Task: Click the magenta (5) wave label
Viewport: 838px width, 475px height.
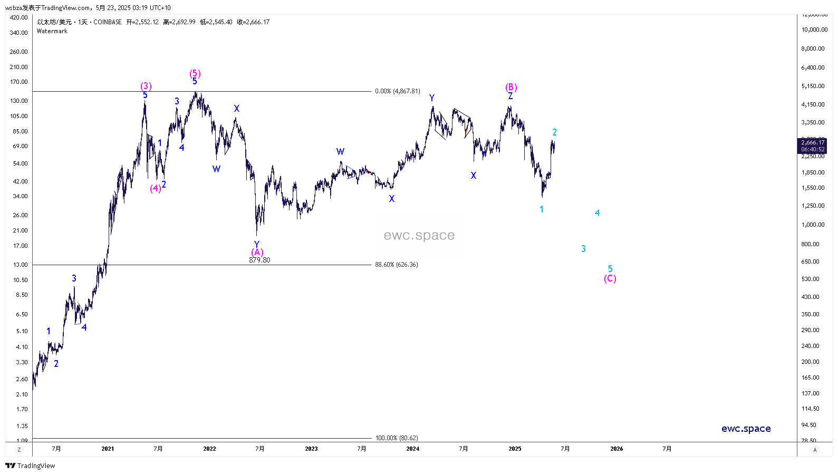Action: (195, 73)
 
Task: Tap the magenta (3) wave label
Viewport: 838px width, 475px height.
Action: (146, 86)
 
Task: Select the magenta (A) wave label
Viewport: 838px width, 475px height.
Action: (257, 252)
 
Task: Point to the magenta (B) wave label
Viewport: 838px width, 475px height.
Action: (511, 87)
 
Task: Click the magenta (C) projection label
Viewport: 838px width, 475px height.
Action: (610, 278)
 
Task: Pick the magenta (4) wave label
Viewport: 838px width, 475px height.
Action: (155, 188)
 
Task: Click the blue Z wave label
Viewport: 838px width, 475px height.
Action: (510, 96)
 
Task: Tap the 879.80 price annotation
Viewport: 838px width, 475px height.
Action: (259, 260)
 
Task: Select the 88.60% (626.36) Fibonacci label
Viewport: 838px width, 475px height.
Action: (397, 265)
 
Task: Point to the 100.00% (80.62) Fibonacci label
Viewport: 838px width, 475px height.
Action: (397, 438)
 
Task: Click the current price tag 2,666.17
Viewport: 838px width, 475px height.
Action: (813, 142)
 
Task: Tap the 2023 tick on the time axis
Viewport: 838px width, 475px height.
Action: (311, 449)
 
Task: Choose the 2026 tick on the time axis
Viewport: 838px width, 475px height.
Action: (617, 449)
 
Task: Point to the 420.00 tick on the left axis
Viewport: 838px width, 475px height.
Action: (19, 17)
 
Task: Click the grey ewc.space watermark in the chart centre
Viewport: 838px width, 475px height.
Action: (419, 235)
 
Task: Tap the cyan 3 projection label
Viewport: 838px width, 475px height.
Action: (583, 249)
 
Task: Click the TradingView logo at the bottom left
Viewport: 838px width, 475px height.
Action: (30, 466)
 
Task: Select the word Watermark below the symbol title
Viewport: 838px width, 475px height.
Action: (52, 31)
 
